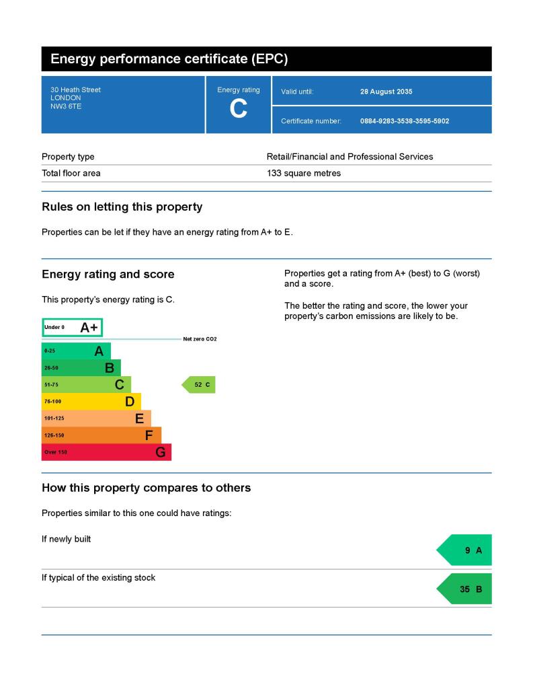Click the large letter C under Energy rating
pyautogui.click(x=238, y=109)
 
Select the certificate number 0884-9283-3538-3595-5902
pyautogui.click(x=405, y=121)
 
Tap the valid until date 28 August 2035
pyautogui.click(x=386, y=92)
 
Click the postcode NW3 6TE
pyautogui.click(x=66, y=106)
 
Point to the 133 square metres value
pyautogui.click(x=304, y=173)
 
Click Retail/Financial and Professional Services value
pyautogui.click(x=350, y=157)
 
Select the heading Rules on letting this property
pyautogui.click(x=122, y=207)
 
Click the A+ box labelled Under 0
pyautogui.click(x=73, y=328)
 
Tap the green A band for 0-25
pyautogui.click(x=76, y=351)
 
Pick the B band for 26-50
pyautogui.click(x=81, y=368)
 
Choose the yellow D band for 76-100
pyautogui.click(x=91, y=402)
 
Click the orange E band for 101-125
pyautogui.click(x=96, y=419)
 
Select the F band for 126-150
pyautogui.click(x=101, y=435)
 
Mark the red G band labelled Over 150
pyautogui.click(x=106, y=452)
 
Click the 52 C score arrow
pyautogui.click(x=200, y=385)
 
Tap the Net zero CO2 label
pyautogui.click(x=200, y=339)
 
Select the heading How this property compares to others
pyautogui.click(x=146, y=488)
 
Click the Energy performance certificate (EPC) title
pyautogui.click(x=169, y=59)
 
